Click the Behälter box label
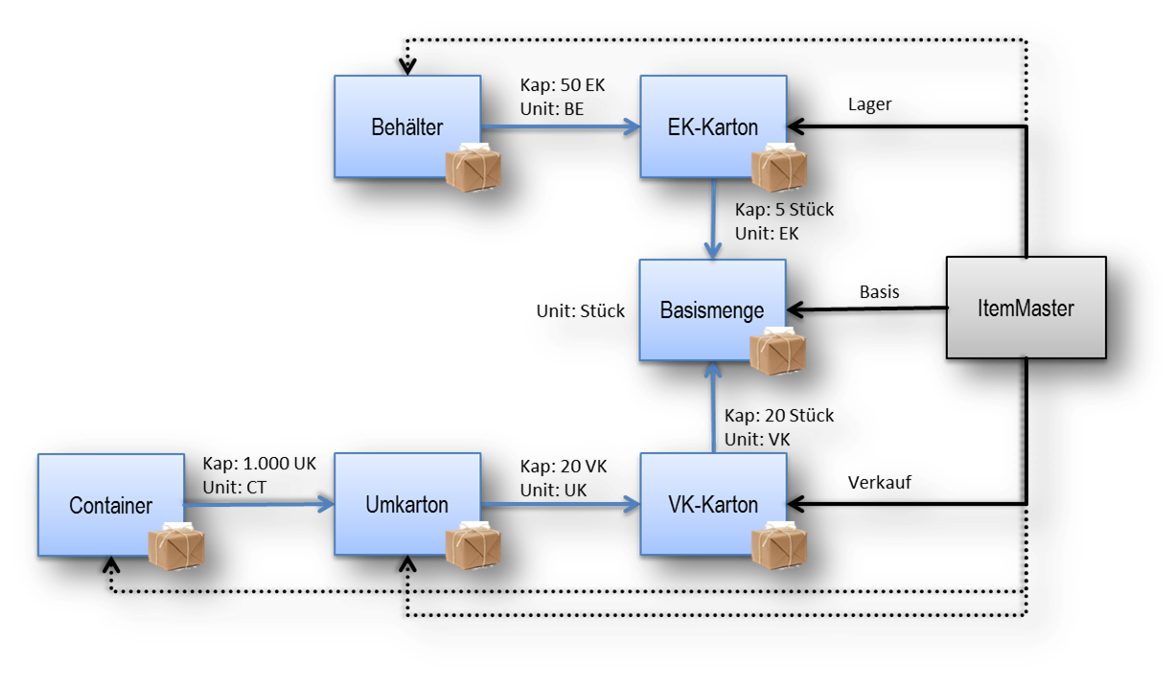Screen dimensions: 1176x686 (x=407, y=127)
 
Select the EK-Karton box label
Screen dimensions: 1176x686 (x=712, y=127)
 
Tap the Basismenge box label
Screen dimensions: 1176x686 (x=712, y=310)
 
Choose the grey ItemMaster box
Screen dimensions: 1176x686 (x=1026, y=308)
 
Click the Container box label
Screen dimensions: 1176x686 (x=111, y=506)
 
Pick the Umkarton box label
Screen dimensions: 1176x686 (x=407, y=504)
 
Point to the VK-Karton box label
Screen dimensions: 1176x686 (x=713, y=504)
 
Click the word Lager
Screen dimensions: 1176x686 (x=869, y=104)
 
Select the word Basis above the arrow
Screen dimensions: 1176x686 (x=880, y=292)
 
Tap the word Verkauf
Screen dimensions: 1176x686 (x=880, y=482)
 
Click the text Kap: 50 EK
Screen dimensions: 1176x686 (x=563, y=85)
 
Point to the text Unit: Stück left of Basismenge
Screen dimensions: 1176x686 (x=580, y=311)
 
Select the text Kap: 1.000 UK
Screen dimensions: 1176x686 (x=260, y=464)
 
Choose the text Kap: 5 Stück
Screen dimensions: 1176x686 (x=784, y=210)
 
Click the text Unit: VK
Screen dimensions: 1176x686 (x=757, y=440)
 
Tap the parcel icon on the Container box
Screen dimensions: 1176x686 (x=176, y=546)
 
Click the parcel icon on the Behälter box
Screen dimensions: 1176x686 (x=473, y=168)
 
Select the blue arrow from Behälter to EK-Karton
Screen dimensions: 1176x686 (x=561, y=126)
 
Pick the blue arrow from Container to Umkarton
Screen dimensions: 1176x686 (x=259, y=504)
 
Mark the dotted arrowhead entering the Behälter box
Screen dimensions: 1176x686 (x=407, y=66)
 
